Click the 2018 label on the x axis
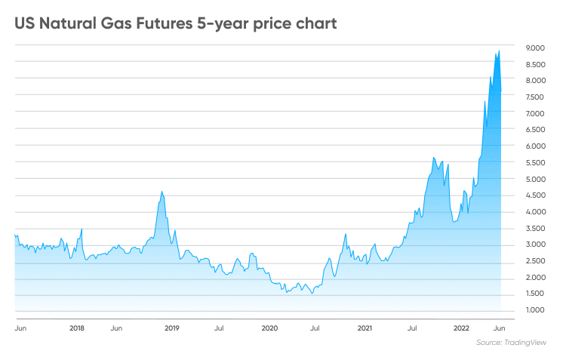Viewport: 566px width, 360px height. [76, 329]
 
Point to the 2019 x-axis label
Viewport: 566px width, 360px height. [172, 329]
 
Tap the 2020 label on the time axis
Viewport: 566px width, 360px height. [269, 329]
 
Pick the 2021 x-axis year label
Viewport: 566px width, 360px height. [365, 329]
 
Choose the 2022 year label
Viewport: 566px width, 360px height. [462, 329]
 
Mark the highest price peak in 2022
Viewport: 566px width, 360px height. [499, 51]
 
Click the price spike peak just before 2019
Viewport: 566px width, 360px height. [162, 192]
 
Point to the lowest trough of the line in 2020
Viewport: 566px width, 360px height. [312, 294]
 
